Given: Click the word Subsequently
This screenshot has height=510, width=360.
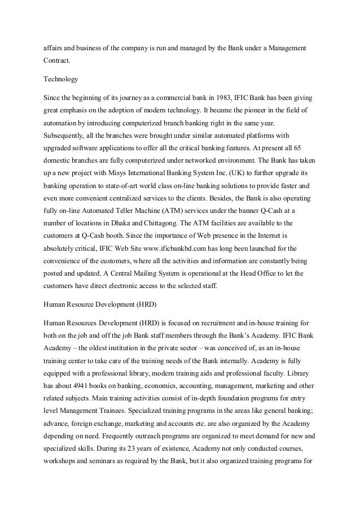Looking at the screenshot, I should (65, 136).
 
